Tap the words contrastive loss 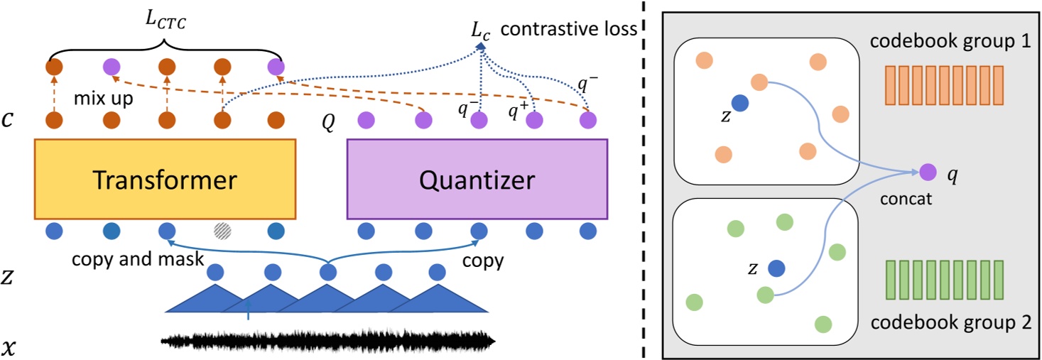(x=569, y=31)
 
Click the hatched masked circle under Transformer (x=223, y=231)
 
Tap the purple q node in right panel (x=927, y=171)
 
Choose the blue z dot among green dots (x=776, y=268)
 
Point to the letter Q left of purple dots (x=328, y=121)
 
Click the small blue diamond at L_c (x=481, y=48)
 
